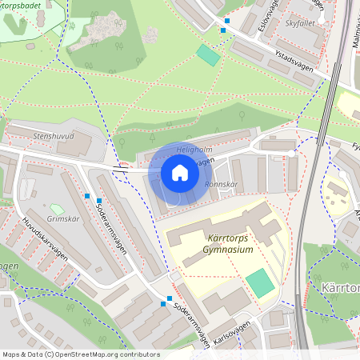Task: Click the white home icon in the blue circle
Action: pos(179,173)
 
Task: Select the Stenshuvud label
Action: pos(54,136)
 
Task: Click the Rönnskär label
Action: pos(222,184)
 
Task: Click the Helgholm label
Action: pos(171,149)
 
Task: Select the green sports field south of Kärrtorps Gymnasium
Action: pos(259,282)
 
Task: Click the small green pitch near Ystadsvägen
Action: pos(208,55)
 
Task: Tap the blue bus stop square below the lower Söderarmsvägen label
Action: pos(169,298)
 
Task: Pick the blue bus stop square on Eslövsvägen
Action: pos(227,21)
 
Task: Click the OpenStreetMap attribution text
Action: pos(80,354)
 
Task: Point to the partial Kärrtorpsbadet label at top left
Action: pos(28,5)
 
